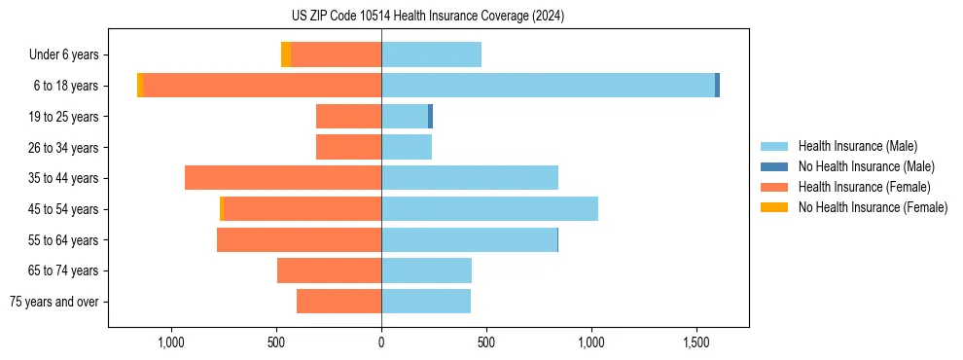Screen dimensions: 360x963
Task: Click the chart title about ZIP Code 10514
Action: click(x=428, y=17)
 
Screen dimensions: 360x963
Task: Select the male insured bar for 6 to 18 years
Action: click(x=548, y=86)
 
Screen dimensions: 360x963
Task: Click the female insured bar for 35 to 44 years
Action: click(x=283, y=178)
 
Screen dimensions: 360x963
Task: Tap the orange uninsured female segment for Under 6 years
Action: click(x=286, y=54)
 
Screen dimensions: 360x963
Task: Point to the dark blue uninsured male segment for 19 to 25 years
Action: click(x=430, y=117)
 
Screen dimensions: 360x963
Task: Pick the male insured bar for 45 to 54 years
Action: click(x=489, y=209)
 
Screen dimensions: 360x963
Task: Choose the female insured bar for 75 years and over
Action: click(x=339, y=302)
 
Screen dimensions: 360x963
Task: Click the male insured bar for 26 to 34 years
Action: click(x=407, y=147)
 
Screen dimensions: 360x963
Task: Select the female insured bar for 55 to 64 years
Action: click(x=299, y=239)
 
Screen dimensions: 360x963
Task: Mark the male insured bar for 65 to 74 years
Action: click(x=426, y=270)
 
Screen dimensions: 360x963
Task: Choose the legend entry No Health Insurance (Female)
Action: click(x=873, y=207)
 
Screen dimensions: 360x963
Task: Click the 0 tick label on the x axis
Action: click(x=381, y=342)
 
